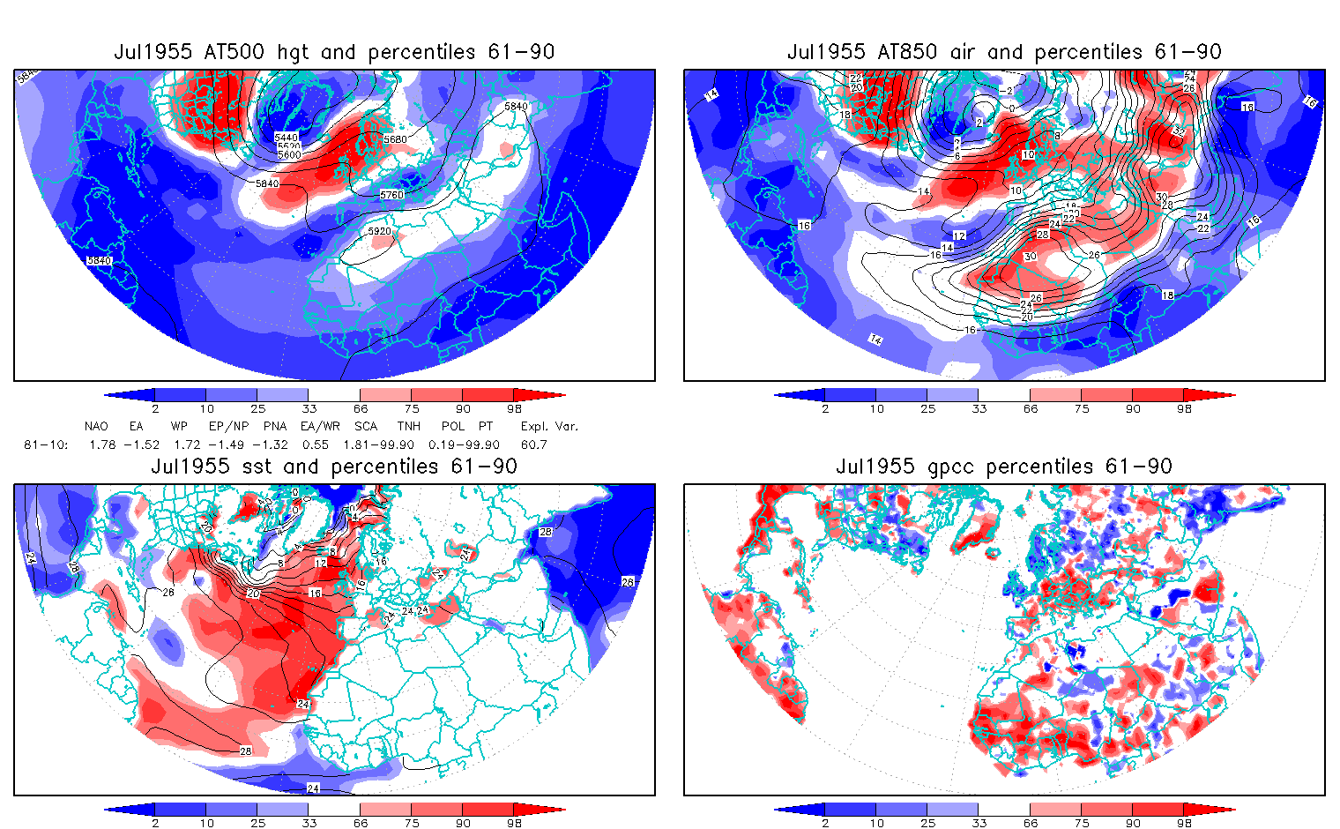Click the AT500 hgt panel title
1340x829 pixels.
coord(334,52)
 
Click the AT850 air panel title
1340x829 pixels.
coord(1004,52)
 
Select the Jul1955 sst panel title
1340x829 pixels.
coord(334,467)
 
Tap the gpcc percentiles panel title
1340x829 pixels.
coord(1004,467)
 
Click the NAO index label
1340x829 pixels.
coord(96,426)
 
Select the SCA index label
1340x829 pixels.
coord(365,426)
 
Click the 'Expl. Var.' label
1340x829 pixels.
coord(549,426)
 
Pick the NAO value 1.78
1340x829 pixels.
coord(102,444)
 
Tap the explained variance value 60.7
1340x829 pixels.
coord(533,444)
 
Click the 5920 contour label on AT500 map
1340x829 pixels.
coord(379,231)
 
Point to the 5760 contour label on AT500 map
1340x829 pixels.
coord(391,195)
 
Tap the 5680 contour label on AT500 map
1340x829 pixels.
coord(396,139)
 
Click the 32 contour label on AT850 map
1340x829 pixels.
coord(1180,131)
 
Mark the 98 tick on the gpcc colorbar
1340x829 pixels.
coord(1184,823)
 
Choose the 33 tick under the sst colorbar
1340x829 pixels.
coord(309,823)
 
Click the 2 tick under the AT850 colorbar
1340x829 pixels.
coord(825,408)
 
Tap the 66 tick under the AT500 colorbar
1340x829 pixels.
coord(361,408)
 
